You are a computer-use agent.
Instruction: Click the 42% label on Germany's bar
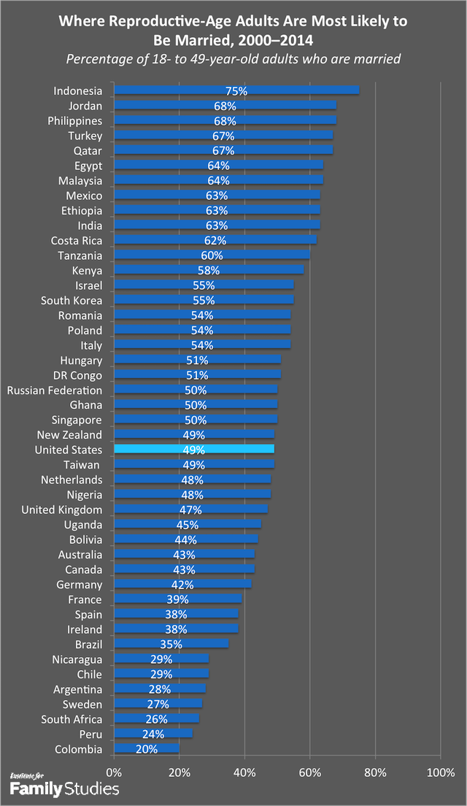click(182, 584)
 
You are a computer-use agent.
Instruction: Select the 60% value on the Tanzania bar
click(212, 256)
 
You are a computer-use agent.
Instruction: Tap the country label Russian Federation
click(55, 390)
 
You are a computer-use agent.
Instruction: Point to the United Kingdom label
click(62, 510)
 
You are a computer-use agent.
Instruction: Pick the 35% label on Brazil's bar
click(171, 644)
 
